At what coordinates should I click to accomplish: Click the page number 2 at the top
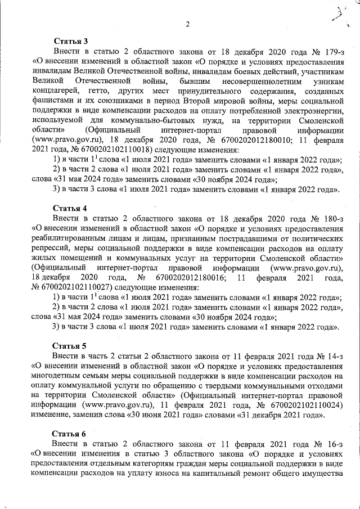[187, 23]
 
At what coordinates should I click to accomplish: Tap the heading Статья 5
[70, 345]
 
